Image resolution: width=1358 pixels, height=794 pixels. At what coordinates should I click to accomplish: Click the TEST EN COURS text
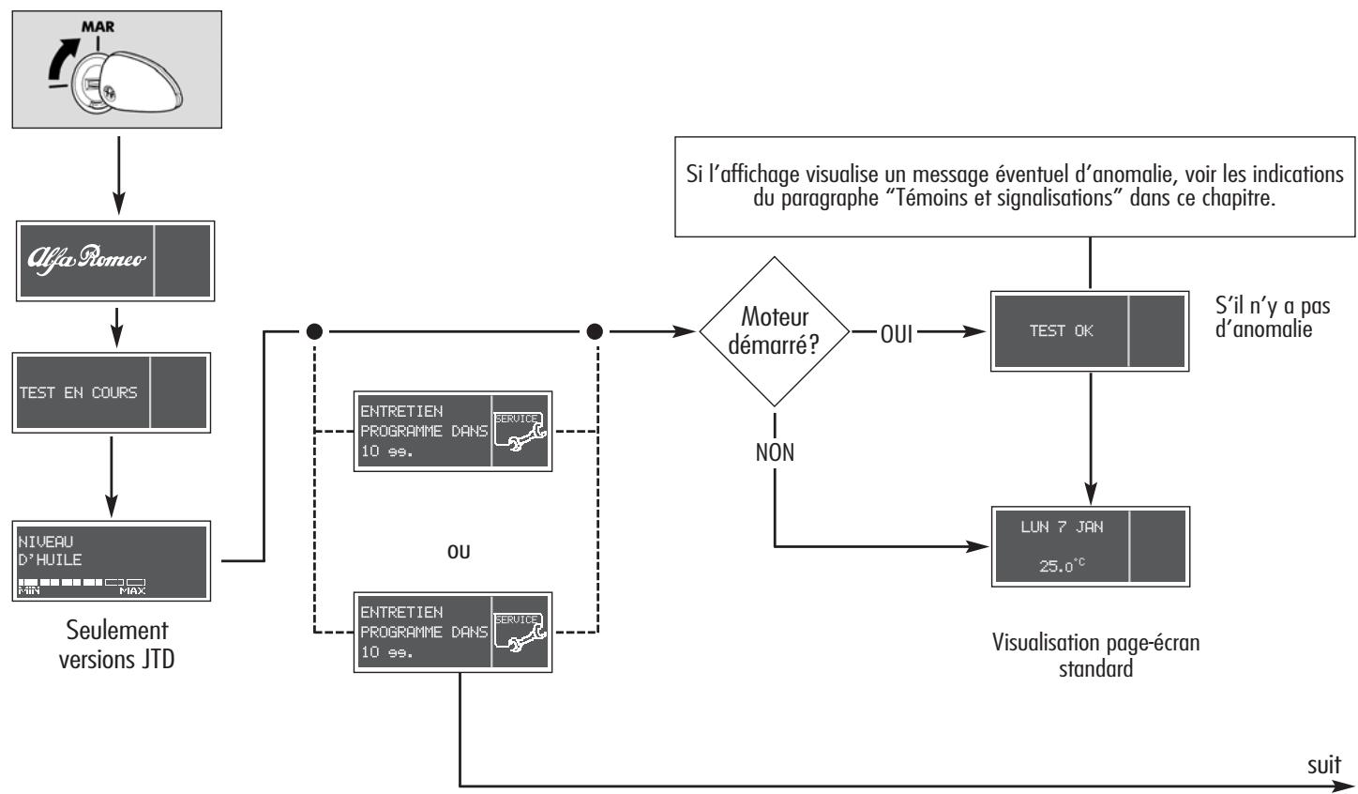(x=79, y=392)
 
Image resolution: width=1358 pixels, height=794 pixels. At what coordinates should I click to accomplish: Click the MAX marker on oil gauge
(x=133, y=590)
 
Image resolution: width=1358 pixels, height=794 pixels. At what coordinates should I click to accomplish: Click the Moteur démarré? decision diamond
(x=775, y=332)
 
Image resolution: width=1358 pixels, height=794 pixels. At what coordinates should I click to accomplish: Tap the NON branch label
(x=775, y=452)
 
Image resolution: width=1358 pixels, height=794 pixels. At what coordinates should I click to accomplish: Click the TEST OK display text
(x=1062, y=330)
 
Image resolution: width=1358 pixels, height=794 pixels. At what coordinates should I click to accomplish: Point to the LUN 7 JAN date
(x=1062, y=527)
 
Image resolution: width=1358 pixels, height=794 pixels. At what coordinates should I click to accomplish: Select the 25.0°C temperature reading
(x=1062, y=567)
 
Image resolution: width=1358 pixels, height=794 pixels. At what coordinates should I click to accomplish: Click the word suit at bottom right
(x=1323, y=764)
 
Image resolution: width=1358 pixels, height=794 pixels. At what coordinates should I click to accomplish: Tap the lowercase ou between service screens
(x=459, y=551)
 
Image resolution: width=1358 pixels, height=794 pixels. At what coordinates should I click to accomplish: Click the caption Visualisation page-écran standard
(x=1094, y=657)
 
